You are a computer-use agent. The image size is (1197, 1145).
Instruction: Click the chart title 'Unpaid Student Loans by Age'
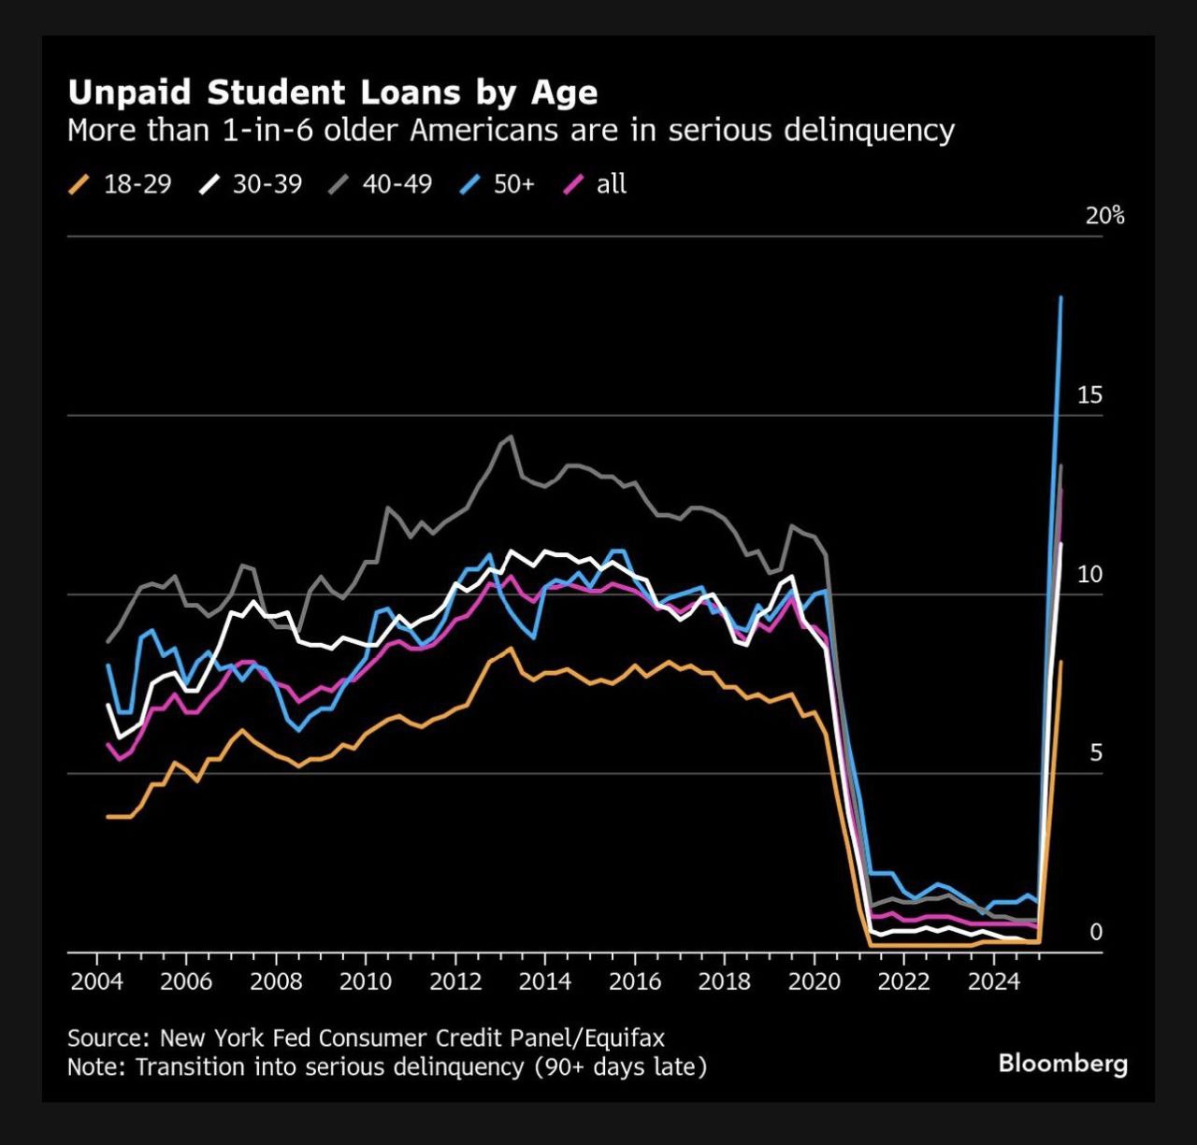click(x=332, y=93)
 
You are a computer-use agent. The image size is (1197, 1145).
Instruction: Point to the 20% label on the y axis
click(x=1104, y=216)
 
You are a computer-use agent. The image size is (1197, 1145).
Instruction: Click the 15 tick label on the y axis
click(x=1089, y=395)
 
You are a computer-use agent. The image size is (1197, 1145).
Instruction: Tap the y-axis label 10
click(x=1089, y=574)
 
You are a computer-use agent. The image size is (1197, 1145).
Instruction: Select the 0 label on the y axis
click(x=1096, y=932)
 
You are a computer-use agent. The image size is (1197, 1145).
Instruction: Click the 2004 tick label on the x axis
click(x=96, y=981)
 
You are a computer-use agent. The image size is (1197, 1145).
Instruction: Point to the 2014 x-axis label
click(x=545, y=981)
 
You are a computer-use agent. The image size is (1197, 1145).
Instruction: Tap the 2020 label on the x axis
click(x=814, y=981)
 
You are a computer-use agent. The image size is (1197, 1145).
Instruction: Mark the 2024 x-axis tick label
click(x=993, y=981)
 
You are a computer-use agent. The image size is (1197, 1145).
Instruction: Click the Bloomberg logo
click(x=1063, y=1063)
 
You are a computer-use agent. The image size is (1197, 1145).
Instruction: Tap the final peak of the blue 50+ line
click(x=1060, y=298)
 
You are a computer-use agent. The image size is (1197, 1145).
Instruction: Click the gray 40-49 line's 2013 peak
click(x=511, y=437)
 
